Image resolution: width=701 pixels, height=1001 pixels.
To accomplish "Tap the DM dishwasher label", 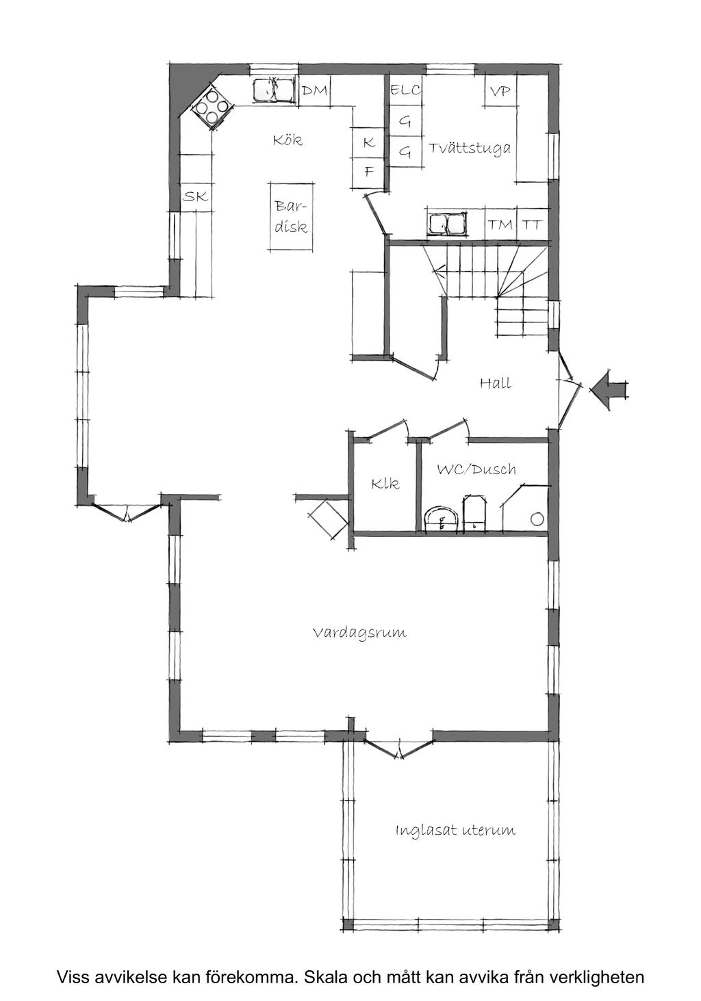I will pos(314,90).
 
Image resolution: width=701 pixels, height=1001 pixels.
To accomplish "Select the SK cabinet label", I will pos(195,197).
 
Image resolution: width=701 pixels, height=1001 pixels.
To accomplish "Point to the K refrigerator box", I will pos(369,143).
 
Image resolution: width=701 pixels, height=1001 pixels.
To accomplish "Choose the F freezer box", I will pos(369,171).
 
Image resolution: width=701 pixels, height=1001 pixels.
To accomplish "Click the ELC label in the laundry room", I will pos(405,90).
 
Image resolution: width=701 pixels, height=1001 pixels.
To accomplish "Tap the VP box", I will pos(500,90).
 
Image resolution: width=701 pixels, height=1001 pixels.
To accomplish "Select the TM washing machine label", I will pos(500,224).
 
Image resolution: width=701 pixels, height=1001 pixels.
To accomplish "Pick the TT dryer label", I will pos(533,224).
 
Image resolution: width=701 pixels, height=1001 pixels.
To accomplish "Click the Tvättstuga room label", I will pos(470,148).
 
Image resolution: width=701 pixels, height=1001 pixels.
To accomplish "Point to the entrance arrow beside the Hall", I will pos(607,390).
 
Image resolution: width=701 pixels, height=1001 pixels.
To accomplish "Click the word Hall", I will pos(495,383).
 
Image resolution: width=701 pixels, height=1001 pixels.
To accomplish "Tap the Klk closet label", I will pos(385,484).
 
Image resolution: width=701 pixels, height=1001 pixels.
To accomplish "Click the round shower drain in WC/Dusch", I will pos(537,519).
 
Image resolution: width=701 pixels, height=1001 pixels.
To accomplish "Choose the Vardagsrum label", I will pos(359,632).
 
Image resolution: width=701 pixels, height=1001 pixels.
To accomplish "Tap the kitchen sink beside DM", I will pos(273,90).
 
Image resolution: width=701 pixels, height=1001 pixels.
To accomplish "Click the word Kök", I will pos(287,140).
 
